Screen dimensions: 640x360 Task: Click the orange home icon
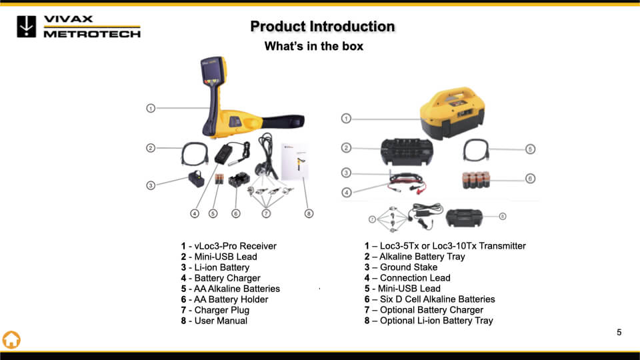(11, 339)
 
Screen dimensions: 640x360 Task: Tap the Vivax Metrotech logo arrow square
(27, 27)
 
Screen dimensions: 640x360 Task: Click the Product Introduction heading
(323, 27)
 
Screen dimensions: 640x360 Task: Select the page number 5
(619, 333)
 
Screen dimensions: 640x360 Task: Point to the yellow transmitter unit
(452, 113)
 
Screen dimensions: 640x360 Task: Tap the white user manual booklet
(295, 161)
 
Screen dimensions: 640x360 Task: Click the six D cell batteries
(476, 180)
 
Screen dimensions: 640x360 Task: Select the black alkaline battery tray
(407, 151)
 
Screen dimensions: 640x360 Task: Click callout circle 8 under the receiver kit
(309, 213)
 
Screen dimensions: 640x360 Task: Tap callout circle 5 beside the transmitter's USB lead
(530, 149)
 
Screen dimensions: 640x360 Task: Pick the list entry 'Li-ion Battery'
(215, 267)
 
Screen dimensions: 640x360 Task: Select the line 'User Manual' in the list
(214, 321)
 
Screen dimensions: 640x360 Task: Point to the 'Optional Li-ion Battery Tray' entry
(429, 321)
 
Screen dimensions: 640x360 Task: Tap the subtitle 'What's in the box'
(314, 46)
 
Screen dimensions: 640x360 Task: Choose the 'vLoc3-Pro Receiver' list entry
(229, 246)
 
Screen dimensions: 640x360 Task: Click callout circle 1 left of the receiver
(151, 108)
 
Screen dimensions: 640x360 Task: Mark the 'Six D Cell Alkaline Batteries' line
(429, 299)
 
